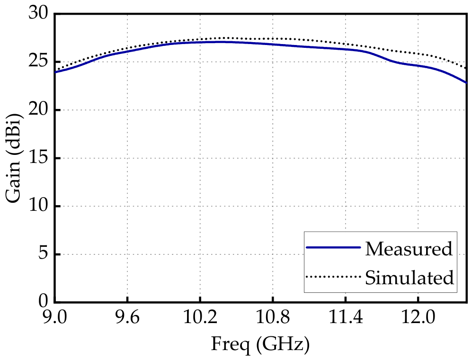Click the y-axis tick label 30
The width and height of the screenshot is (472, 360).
tap(38, 13)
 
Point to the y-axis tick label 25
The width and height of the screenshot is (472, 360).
tap(38, 62)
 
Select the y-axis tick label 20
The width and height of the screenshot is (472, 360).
tap(38, 109)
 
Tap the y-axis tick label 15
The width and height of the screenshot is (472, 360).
tap(38, 158)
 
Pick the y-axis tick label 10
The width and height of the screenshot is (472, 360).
tap(38, 206)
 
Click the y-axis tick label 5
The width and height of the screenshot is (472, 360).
tap(43, 254)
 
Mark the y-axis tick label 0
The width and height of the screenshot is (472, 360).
tap(43, 301)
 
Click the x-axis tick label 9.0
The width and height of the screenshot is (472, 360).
tap(55, 317)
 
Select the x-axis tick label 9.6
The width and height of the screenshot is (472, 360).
tap(128, 317)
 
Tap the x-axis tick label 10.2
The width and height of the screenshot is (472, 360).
tap(200, 317)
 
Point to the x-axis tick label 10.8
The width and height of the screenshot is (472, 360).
tap(273, 317)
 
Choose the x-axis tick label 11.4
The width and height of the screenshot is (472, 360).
tap(346, 317)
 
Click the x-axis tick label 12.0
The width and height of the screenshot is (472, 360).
tap(418, 317)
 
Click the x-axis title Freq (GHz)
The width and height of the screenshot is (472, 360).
tap(260, 345)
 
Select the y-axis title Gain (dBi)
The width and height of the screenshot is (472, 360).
tap(14, 158)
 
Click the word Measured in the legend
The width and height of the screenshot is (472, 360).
tap(409, 249)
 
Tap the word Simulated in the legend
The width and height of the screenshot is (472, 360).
tap(410, 277)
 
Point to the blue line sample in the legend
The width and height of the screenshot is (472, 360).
tap(333, 247)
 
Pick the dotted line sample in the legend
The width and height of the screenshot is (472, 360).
tap(333, 276)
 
